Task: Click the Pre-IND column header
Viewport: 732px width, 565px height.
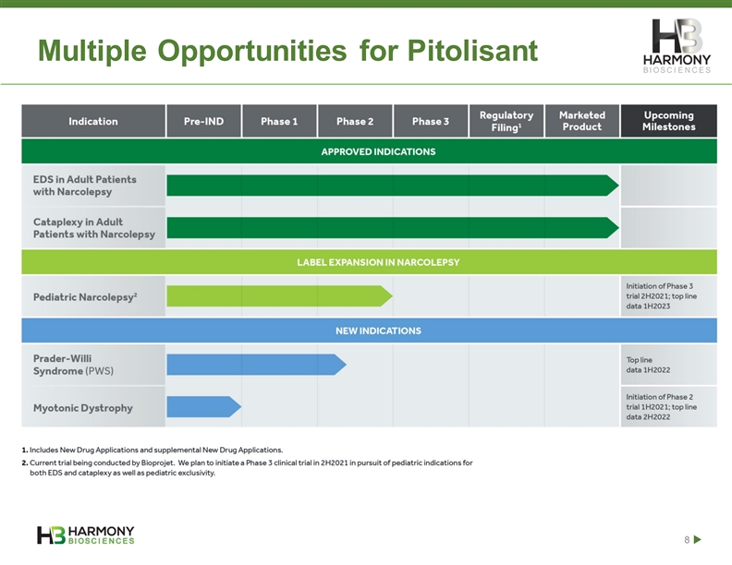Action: pyautogui.click(x=203, y=121)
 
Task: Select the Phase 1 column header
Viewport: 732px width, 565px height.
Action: pyautogui.click(x=279, y=121)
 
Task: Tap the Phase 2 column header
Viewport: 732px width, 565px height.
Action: pyautogui.click(x=355, y=121)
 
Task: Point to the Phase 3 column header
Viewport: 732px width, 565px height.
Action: pyautogui.click(x=431, y=121)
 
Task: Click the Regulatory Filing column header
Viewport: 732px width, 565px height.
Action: pyautogui.click(x=506, y=121)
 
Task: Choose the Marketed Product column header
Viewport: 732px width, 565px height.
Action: pyautogui.click(x=582, y=121)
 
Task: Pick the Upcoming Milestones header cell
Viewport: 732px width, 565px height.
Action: pyautogui.click(x=669, y=121)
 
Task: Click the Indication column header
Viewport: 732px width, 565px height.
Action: pyautogui.click(x=93, y=121)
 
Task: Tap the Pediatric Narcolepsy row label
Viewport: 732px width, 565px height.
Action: pyautogui.click(x=85, y=297)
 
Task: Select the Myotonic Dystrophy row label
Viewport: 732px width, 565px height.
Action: pyautogui.click(x=83, y=408)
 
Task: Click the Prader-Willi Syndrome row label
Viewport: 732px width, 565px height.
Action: pyautogui.click(x=73, y=365)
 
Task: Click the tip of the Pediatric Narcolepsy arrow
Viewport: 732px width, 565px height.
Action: pyautogui.click(x=392, y=296)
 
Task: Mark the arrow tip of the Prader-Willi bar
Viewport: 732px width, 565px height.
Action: pyautogui.click(x=346, y=365)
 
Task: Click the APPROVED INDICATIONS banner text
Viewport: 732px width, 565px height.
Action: pyautogui.click(x=378, y=151)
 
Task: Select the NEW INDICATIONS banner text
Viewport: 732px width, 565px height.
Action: pyautogui.click(x=378, y=331)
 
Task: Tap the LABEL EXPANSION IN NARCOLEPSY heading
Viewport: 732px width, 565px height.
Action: pyautogui.click(x=378, y=262)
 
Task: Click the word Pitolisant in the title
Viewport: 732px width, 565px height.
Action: pyautogui.click(x=472, y=50)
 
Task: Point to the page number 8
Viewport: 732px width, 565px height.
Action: pyautogui.click(x=687, y=540)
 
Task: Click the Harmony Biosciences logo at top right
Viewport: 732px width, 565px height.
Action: pyautogui.click(x=677, y=46)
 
